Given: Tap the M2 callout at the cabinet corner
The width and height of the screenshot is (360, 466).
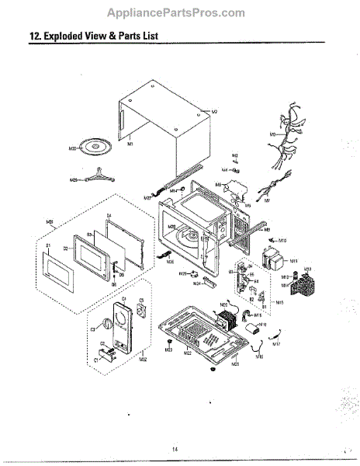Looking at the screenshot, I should [x=214, y=112].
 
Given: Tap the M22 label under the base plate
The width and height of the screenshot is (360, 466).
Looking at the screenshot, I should [x=188, y=353].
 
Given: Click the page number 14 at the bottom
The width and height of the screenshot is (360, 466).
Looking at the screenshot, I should [x=176, y=449].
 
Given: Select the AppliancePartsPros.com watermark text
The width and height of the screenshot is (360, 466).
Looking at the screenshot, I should [x=180, y=12].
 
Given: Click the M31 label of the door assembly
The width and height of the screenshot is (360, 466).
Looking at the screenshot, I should [x=50, y=222].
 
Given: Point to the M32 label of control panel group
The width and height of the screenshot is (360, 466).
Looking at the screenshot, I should [x=143, y=359].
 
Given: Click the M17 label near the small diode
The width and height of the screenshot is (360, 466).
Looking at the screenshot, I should [x=277, y=343].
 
